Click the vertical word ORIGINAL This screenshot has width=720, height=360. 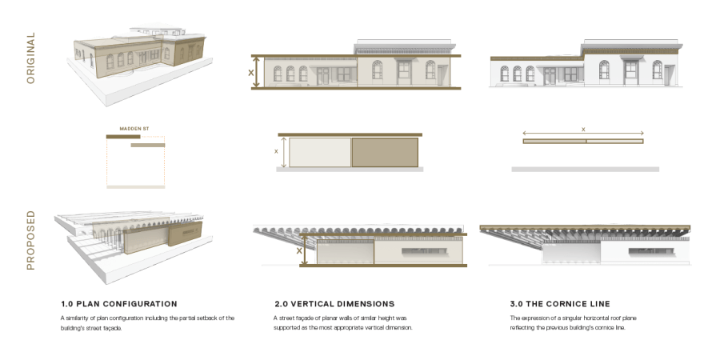pyautogui.click(x=30, y=58)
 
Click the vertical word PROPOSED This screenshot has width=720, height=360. pyautogui.click(x=30, y=240)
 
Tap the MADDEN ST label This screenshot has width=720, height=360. pyautogui.click(x=134, y=128)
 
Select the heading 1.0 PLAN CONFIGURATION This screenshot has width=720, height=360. pyautogui.click(x=119, y=304)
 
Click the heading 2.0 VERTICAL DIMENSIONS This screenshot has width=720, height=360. pyautogui.click(x=334, y=304)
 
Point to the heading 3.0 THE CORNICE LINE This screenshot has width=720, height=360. pyautogui.click(x=560, y=304)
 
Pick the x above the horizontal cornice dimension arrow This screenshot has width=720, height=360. pyautogui.click(x=582, y=128)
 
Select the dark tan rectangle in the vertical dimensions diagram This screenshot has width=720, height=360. pyautogui.click(x=385, y=153)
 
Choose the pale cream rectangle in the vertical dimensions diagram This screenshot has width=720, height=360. pyautogui.click(x=320, y=153)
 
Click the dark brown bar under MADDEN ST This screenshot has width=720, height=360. pyautogui.click(x=123, y=136)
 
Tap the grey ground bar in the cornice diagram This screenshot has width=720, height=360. pyautogui.click(x=585, y=170)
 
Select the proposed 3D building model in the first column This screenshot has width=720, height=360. pyautogui.click(x=132, y=240)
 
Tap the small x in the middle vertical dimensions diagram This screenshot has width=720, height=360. pyautogui.click(x=276, y=150)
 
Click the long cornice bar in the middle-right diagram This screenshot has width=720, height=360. pyautogui.click(x=582, y=142)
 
